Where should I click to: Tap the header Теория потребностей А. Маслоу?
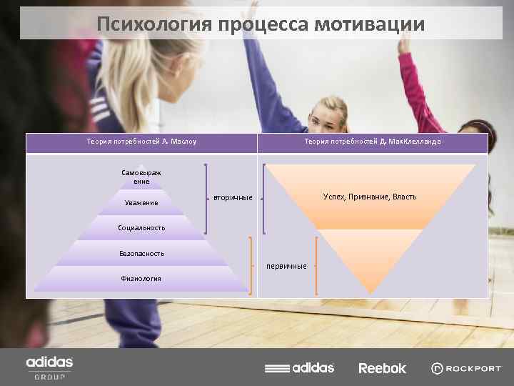[141, 142]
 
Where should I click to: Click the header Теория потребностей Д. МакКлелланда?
[372, 142]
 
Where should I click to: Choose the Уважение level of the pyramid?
[141, 204]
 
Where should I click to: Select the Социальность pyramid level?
[141, 228]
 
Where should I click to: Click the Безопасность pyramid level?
[141, 253]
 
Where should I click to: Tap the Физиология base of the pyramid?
[141, 278]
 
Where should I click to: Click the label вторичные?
[233, 197]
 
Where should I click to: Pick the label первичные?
[286, 266]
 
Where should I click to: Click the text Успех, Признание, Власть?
[369, 197]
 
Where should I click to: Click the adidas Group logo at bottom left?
[49, 367]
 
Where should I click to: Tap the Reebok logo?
[382, 368]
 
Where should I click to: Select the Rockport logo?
[466, 368]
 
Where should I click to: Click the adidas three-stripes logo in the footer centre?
[299, 368]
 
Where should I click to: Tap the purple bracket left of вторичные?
[207, 199]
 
